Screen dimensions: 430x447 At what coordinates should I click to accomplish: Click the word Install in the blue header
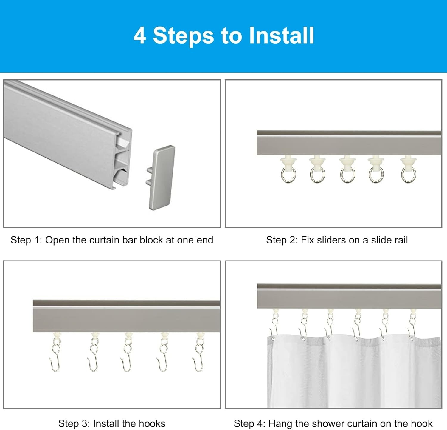pyautogui.click(x=281, y=36)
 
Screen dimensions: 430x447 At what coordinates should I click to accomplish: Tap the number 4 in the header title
pyautogui.click(x=139, y=36)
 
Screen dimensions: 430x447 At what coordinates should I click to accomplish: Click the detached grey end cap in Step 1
pyautogui.click(x=162, y=177)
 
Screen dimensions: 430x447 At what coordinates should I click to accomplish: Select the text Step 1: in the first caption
pyautogui.click(x=26, y=240)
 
